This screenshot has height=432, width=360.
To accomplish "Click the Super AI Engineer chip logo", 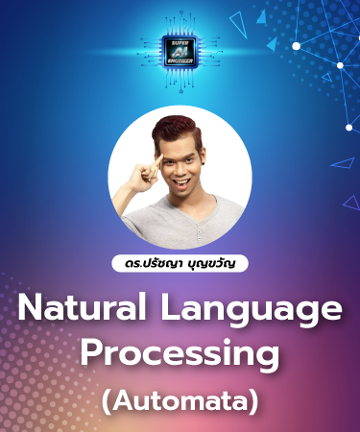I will tap(180, 50).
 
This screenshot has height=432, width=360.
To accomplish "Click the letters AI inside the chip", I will tap(180, 49).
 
